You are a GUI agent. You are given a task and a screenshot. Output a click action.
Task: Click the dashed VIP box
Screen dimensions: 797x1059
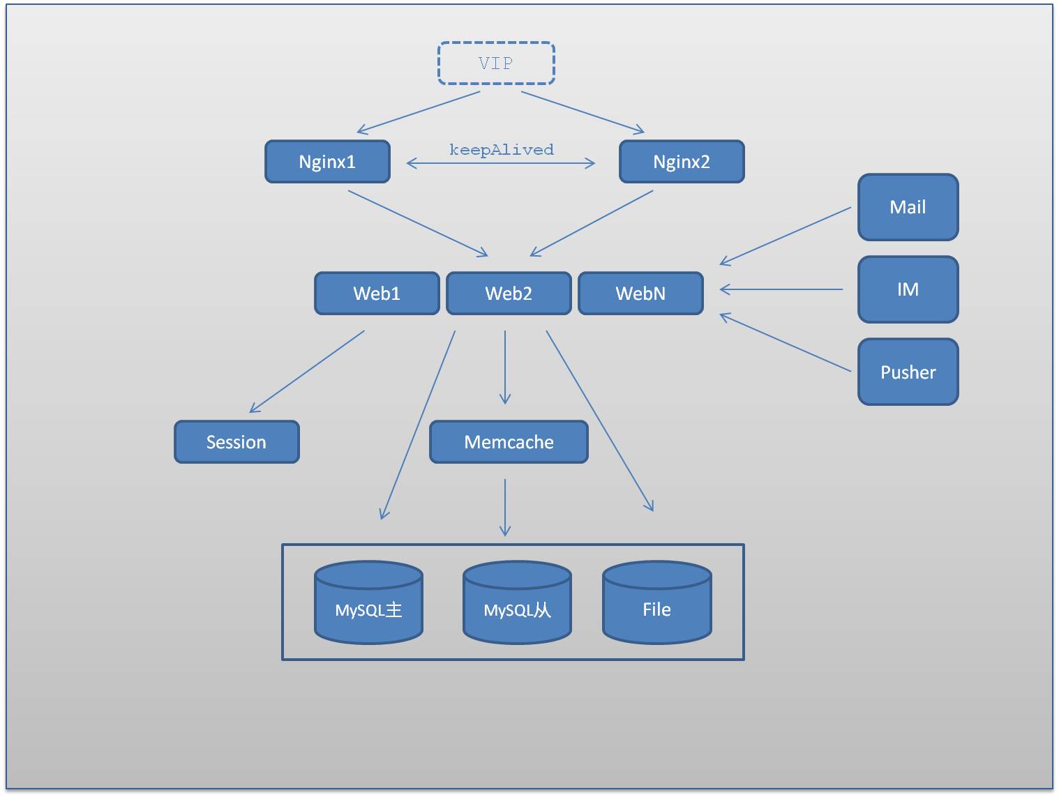(496, 63)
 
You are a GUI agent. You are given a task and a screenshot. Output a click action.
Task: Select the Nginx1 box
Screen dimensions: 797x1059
(327, 162)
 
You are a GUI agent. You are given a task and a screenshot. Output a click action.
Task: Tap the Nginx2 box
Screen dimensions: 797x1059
(682, 162)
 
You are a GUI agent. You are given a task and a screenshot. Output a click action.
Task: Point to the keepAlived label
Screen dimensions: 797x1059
(501, 150)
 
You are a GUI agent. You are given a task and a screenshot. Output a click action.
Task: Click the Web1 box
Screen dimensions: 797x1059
(377, 294)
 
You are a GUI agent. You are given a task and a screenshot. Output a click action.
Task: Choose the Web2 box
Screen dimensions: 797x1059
(509, 294)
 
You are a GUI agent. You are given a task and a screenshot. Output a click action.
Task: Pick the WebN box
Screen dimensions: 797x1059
(640, 294)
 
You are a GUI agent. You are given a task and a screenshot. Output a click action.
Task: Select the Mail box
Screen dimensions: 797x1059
(908, 207)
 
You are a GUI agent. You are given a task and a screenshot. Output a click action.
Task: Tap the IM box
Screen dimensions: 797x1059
(908, 289)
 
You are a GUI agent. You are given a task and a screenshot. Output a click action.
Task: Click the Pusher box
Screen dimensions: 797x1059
(908, 372)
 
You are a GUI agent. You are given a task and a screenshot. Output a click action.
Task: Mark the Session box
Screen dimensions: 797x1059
(236, 442)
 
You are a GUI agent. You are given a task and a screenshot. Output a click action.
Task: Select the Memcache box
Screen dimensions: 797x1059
(509, 442)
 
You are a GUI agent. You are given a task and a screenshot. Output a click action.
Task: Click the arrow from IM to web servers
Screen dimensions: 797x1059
(781, 289)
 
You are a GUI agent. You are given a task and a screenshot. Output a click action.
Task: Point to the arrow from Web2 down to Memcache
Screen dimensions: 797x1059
(505, 367)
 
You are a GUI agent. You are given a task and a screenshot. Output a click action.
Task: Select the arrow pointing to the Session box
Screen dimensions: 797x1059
(307, 372)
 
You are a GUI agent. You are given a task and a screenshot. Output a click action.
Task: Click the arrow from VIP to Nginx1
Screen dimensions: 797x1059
(419, 112)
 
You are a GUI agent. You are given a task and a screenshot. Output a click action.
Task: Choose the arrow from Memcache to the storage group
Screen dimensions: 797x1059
(505, 507)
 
